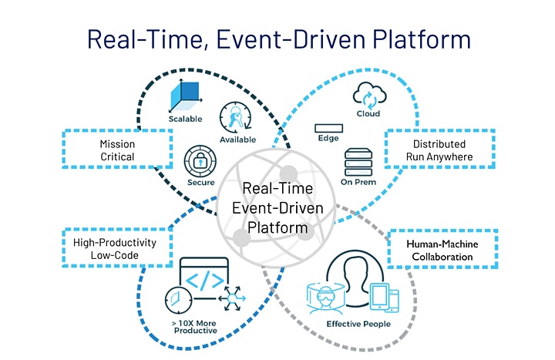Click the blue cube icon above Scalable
pyautogui.click(x=186, y=95)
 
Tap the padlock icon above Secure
pyautogui.click(x=200, y=161)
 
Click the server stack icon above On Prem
pyautogui.click(x=358, y=162)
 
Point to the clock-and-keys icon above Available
pyautogui.click(x=235, y=118)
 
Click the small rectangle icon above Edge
pyautogui.click(x=328, y=128)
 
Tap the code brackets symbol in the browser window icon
pyautogui.click(x=205, y=280)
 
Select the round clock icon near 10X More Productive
pyautogui.click(x=178, y=300)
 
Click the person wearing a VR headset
pyautogui.click(x=325, y=298)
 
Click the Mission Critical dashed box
pyautogui.click(x=117, y=149)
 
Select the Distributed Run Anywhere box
pyautogui.click(x=439, y=149)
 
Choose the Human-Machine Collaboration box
pyautogui.click(x=442, y=249)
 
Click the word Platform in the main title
pyautogui.click(x=422, y=39)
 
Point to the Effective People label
pyautogui.click(x=358, y=324)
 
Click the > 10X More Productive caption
pyautogui.click(x=195, y=327)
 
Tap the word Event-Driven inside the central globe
pyautogui.click(x=277, y=208)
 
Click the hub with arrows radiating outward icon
pyautogui.click(x=232, y=299)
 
